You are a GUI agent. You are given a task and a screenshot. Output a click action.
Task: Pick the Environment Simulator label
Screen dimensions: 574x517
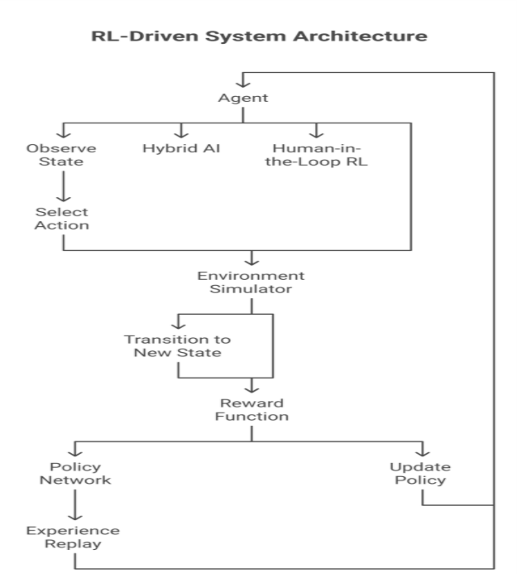[251, 282]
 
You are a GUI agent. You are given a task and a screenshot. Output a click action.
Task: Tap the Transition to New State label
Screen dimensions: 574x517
[178, 346]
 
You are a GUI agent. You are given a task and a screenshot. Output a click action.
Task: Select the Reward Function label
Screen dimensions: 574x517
[251, 409]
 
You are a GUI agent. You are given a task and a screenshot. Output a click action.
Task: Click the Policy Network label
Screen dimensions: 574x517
[76, 475]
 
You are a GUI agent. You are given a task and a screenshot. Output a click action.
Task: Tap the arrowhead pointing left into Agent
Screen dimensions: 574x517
[242, 81]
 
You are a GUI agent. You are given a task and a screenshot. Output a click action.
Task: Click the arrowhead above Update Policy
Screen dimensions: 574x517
[423, 451]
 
